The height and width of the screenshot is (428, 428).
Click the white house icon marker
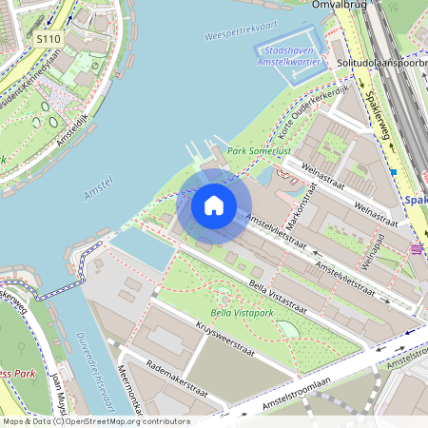click(x=214, y=204)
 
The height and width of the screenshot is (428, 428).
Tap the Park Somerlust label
click(x=260, y=152)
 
